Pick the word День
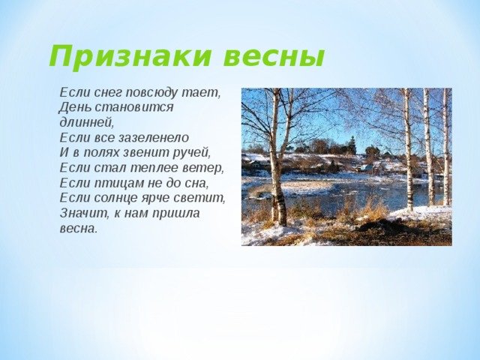(75, 107)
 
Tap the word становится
(133, 107)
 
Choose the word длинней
(87, 122)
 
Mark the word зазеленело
(153, 138)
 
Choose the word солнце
(115, 199)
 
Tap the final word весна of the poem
(78, 229)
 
